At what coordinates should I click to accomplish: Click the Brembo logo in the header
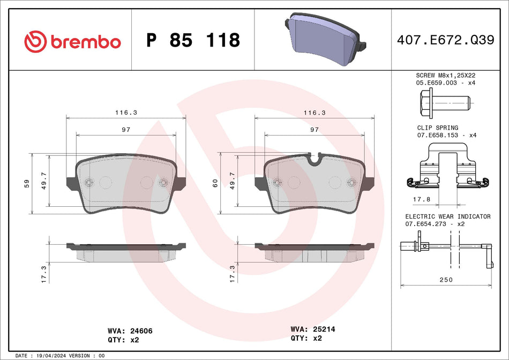[72, 41]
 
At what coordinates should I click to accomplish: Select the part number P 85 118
[193, 41]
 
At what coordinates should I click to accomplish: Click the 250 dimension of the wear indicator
[446, 280]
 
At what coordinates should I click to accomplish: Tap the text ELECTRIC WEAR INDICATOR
[447, 216]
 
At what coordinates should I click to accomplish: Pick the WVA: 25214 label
[313, 329]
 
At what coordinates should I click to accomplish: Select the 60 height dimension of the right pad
[215, 183]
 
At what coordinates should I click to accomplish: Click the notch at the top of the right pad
[315, 158]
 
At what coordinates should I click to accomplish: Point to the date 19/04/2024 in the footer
[52, 356]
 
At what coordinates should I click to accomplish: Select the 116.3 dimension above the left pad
[126, 113]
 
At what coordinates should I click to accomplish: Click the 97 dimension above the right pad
[315, 130]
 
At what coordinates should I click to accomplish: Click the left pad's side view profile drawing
[126, 252]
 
